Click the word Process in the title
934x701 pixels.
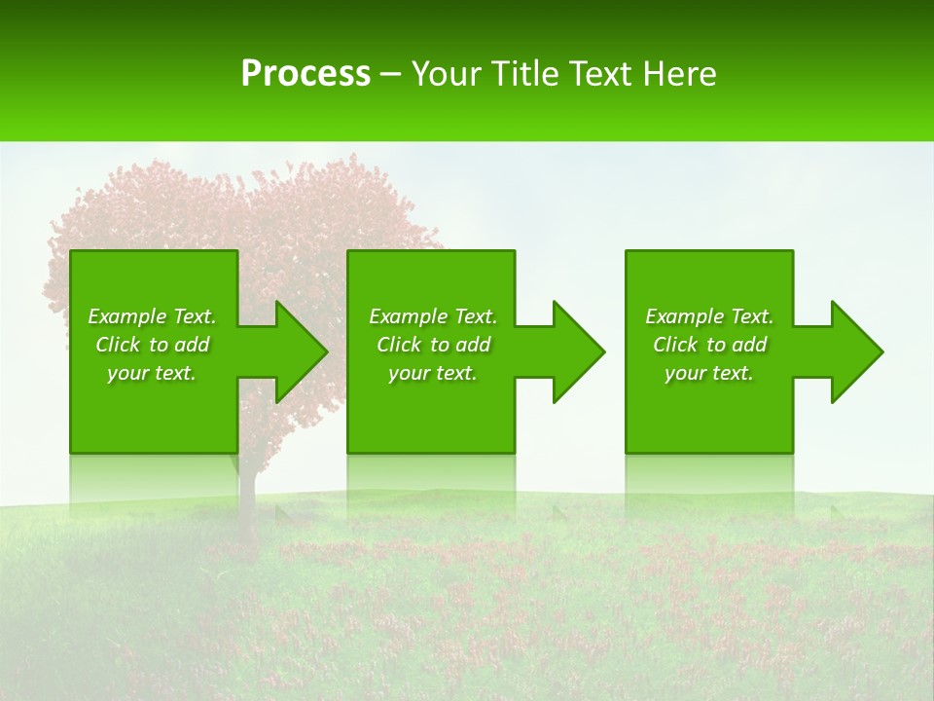(x=305, y=74)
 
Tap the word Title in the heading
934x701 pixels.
(x=522, y=74)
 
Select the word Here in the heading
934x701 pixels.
(x=680, y=74)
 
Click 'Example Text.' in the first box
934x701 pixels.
(x=152, y=316)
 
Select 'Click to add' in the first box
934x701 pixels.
(x=152, y=345)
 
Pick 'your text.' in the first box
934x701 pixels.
(x=152, y=373)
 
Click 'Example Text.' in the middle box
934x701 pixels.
(x=433, y=316)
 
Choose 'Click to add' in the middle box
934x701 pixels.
(x=433, y=345)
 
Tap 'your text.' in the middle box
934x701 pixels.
(x=433, y=373)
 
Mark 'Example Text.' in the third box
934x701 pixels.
(x=709, y=316)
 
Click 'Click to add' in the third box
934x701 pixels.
(x=709, y=345)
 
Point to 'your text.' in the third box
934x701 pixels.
(x=709, y=373)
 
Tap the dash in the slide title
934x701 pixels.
(x=391, y=74)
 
